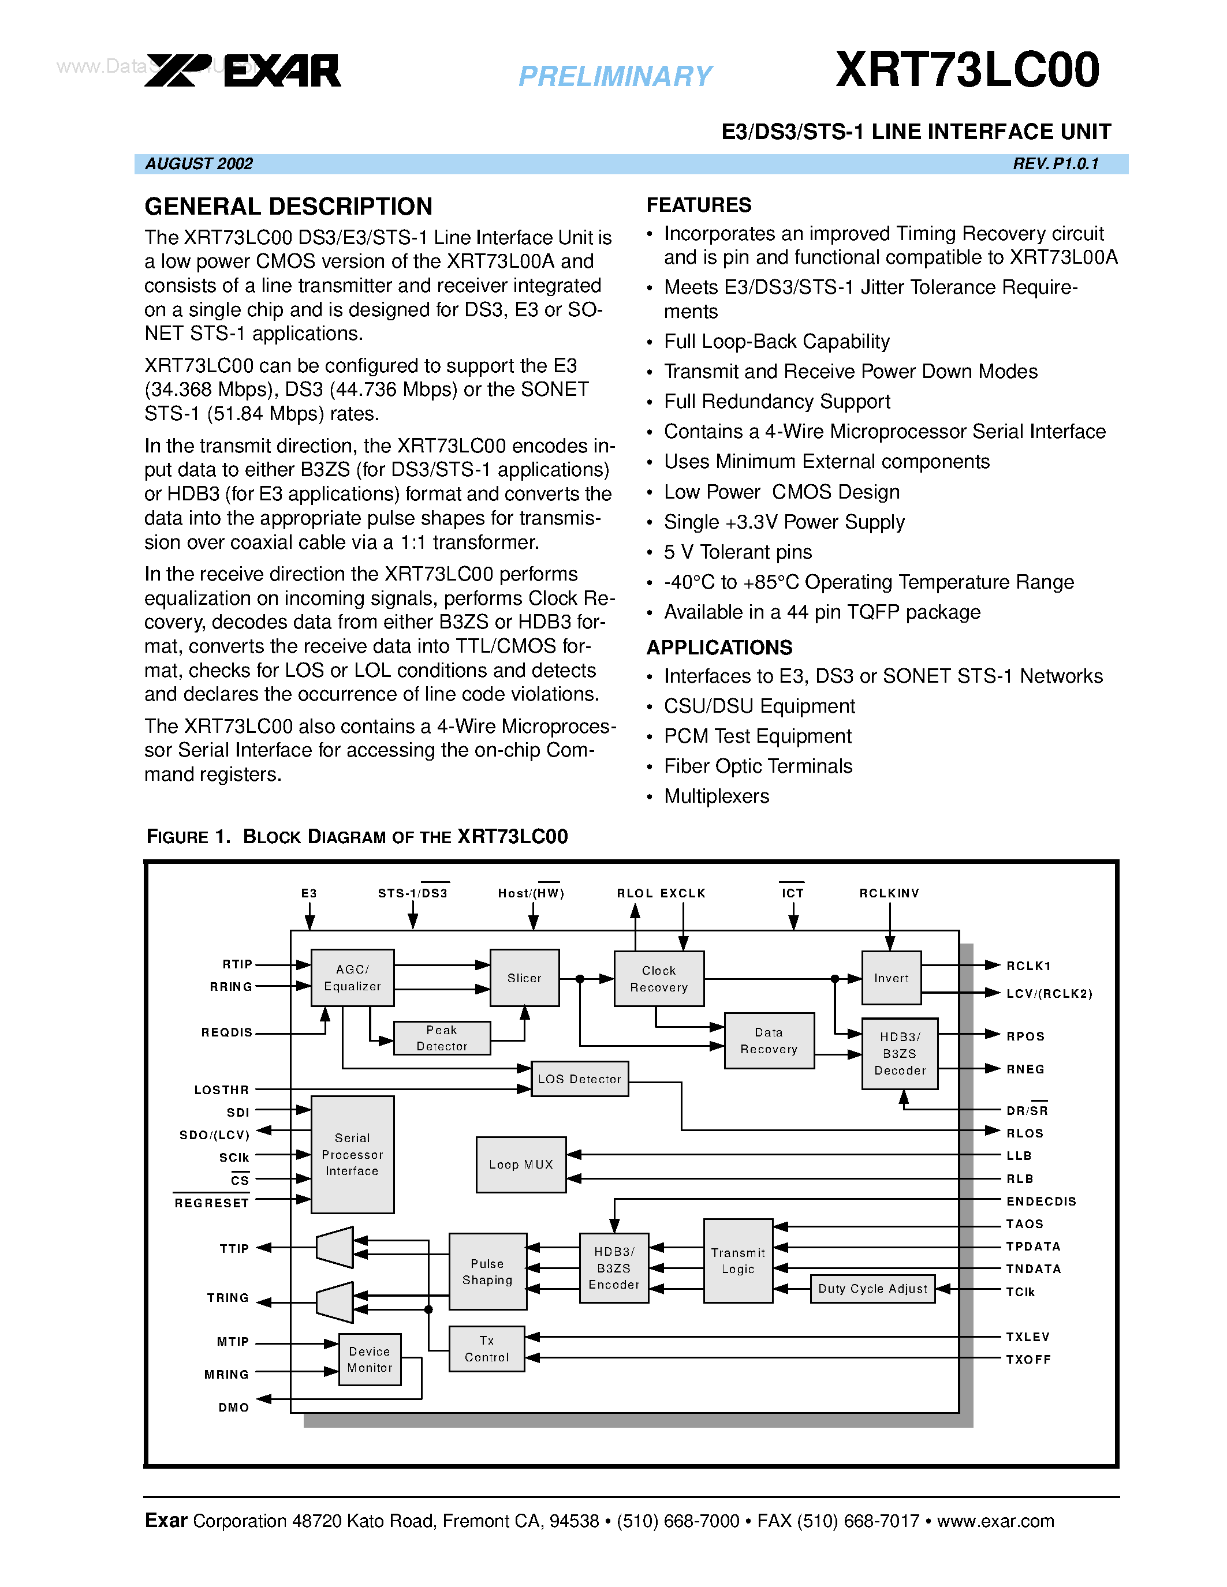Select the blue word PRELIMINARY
point(615,76)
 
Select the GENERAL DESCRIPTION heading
point(289,207)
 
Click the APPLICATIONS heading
point(719,647)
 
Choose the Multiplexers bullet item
point(716,796)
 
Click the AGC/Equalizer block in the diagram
point(353,978)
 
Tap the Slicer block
point(524,978)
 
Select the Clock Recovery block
point(659,979)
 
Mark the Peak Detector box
point(441,1038)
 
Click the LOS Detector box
point(579,1079)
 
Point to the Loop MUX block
point(520,1164)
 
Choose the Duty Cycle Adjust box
point(872,1288)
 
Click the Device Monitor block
point(370,1359)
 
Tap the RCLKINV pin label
point(889,893)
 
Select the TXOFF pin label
point(1028,1360)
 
